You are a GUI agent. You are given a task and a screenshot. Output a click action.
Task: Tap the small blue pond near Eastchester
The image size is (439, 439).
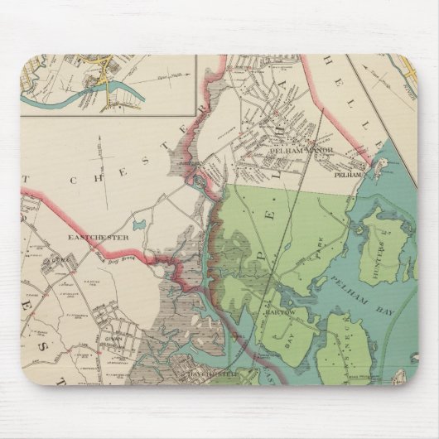137,224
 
